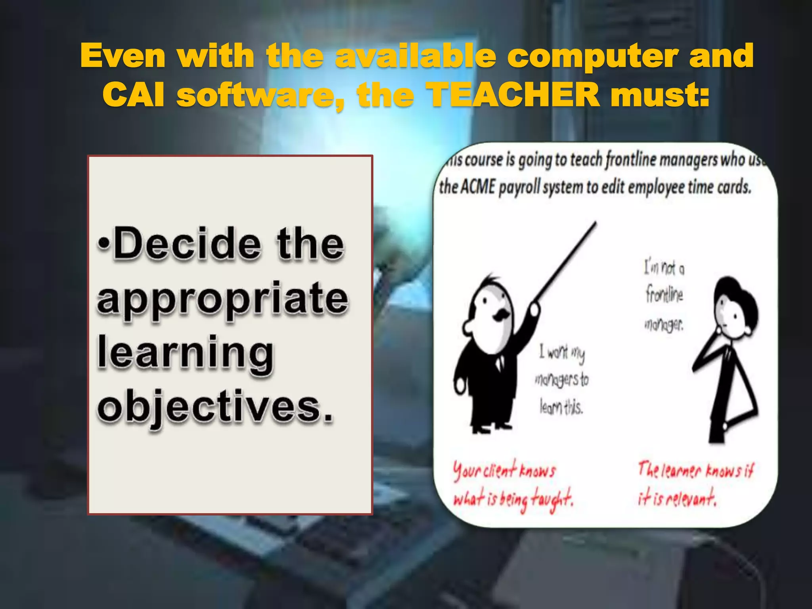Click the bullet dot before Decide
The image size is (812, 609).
point(103,243)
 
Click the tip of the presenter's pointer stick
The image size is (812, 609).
point(595,224)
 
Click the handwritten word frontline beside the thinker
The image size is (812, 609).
point(664,295)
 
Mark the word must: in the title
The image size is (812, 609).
point(660,95)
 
